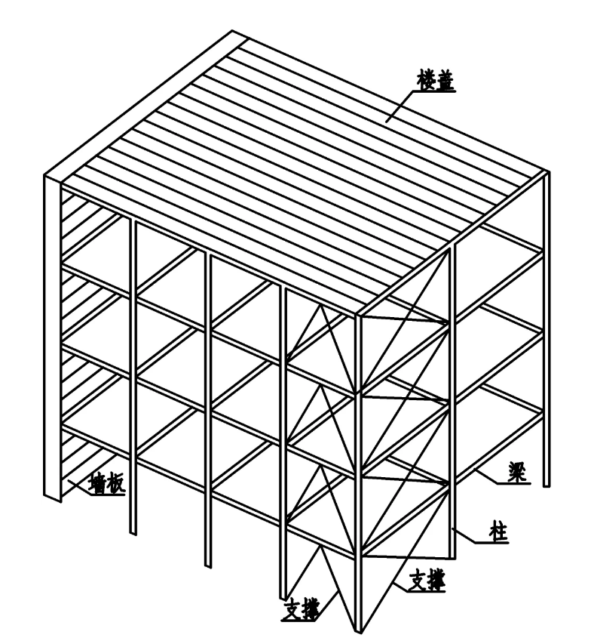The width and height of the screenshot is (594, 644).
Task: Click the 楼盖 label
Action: (x=436, y=81)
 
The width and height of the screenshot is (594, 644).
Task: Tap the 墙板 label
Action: (x=107, y=484)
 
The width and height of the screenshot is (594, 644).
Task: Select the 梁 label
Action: (x=518, y=473)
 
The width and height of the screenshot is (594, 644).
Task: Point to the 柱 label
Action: (x=498, y=532)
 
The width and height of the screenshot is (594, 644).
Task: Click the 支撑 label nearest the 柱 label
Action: (x=427, y=580)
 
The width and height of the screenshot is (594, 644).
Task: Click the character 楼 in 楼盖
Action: (x=427, y=81)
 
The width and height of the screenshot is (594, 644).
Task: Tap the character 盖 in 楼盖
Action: (x=445, y=81)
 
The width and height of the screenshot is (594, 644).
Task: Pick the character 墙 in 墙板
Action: (x=99, y=484)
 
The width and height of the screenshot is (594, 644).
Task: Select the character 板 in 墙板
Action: (x=115, y=484)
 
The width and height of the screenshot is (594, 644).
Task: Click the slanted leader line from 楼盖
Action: (x=399, y=107)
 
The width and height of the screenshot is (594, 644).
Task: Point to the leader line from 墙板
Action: (x=78, y=487)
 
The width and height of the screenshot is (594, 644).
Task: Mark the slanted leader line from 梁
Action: (x=486, y=476)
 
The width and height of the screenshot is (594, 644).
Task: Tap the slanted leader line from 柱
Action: (x=464, y=536)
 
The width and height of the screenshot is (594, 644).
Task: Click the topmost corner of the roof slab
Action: (x=232, y=30)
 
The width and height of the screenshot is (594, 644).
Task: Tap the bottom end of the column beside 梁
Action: (x=547, y=486)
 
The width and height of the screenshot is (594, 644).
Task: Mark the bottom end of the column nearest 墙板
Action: (x=133, y=534)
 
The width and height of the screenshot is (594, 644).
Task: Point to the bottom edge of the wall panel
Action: (x=53, y=498)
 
